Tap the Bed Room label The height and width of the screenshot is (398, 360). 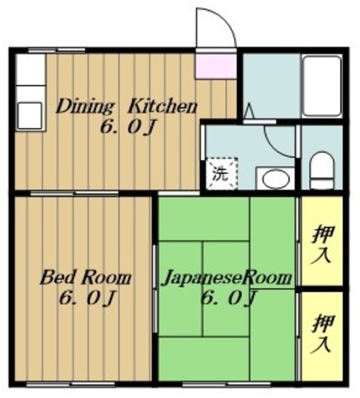coord(85,277)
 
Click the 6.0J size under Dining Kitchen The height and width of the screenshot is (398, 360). coord(127,128)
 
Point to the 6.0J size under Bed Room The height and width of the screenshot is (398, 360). coord(85,298)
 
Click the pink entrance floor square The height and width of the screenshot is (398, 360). coord(216,67)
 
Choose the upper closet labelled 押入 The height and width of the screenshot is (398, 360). coord(321,242)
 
